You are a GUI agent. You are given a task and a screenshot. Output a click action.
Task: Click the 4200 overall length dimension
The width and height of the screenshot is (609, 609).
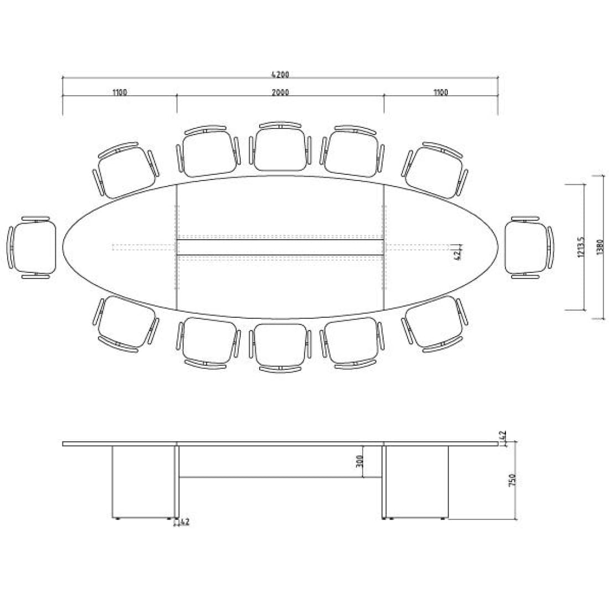click(280, 74)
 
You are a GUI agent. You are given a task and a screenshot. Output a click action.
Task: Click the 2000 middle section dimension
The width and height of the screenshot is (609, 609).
click(280, 92)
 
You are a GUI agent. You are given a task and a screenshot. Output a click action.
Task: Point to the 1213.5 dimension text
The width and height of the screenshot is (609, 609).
click(580, 247)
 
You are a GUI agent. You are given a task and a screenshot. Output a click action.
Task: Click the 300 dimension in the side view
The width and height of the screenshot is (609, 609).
click(359, 461)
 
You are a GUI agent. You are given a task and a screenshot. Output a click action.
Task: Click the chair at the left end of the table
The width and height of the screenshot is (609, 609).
click(32, 246)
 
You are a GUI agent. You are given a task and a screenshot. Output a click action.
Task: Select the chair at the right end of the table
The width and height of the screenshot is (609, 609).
click(529, 247)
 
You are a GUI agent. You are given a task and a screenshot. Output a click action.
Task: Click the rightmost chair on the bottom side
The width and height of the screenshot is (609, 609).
click(435, 324)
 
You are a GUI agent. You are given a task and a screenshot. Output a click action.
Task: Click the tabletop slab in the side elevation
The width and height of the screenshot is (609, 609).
click(280, 443)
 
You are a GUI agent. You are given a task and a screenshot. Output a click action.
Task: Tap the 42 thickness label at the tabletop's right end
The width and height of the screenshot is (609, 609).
click(503, 436)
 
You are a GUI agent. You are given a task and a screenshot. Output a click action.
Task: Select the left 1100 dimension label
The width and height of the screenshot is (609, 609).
click(120, 92)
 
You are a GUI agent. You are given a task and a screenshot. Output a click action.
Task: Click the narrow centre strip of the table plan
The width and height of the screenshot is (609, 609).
click(280, 247)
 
